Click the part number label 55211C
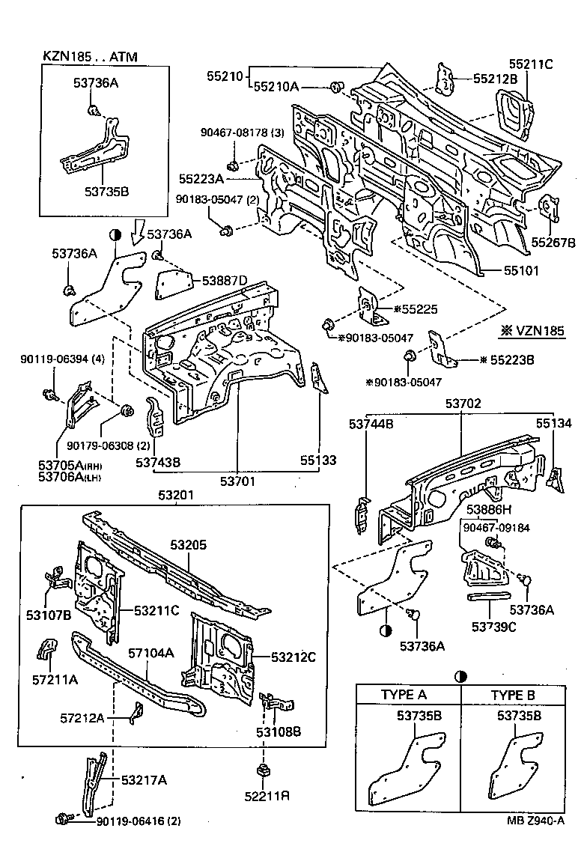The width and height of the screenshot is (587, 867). pos(531,64)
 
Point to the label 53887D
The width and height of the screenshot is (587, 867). pos(224,280)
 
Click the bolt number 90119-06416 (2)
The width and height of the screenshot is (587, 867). pos(139,821)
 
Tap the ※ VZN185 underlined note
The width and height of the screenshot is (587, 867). pos(532,330)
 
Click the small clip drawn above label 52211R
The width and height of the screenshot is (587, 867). pos(262,770)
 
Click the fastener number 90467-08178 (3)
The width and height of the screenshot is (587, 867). pos(242,133)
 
